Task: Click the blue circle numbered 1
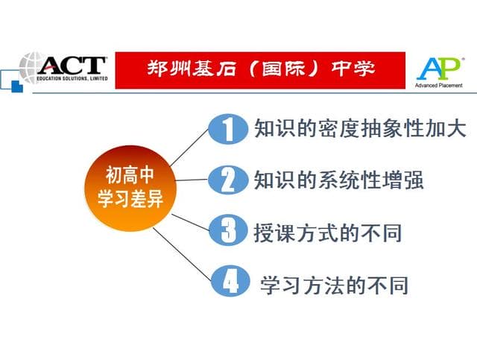[227, 129]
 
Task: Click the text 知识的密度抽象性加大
[359, 129]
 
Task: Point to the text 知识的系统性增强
[338, 180]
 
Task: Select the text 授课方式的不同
[327, 232]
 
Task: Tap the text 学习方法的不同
[334, 284]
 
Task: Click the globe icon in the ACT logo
[32, 68]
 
